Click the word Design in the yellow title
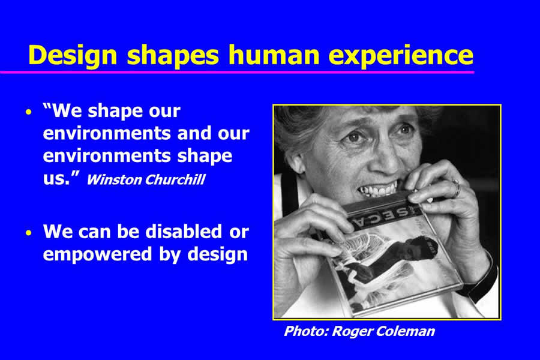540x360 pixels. tap(73, 56)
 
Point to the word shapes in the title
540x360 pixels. tap(173, 56)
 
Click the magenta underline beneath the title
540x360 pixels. tap(237, 73)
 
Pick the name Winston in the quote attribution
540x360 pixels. tap(113, 179)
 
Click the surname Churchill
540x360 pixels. tap(175, 179)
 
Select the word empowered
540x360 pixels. tap(97, 255)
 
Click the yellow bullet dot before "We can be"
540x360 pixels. tap(29, 233)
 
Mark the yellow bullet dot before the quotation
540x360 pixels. tap(29, 112)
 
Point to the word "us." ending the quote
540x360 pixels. tap(57, 179)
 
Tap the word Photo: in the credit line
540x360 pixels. tap(306, 331)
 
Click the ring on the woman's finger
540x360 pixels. tap(457, 188)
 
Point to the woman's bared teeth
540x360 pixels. tap(378, 190)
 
